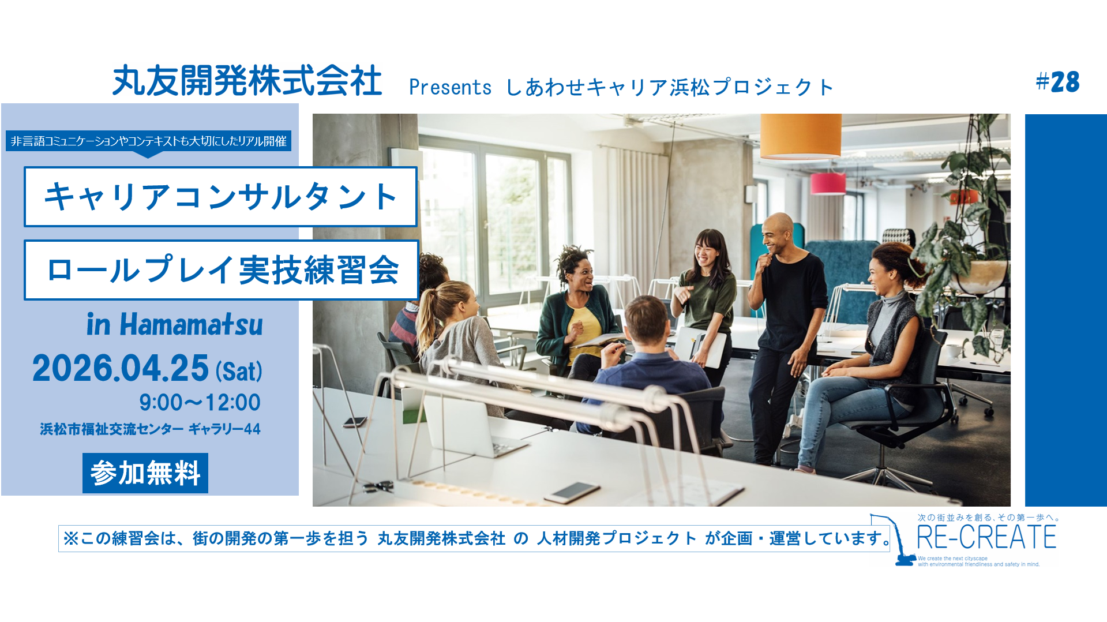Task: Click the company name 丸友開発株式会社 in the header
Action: click(247, 80)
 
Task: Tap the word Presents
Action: click(450, 87)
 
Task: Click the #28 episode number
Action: click(1057, 82)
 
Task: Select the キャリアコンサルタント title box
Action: click(220, 197)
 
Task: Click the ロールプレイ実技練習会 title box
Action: click(221, 270)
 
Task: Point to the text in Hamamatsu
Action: click(174, 324)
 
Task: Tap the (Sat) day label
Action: click(239, 370)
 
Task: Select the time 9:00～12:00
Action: click(200, 402)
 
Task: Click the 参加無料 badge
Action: click(145, 473)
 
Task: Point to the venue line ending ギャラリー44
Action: click(150, 429)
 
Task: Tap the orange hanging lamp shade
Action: click(800, 136)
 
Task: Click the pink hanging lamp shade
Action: click(828, 183)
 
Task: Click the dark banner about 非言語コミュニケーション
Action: click(148, 141)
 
